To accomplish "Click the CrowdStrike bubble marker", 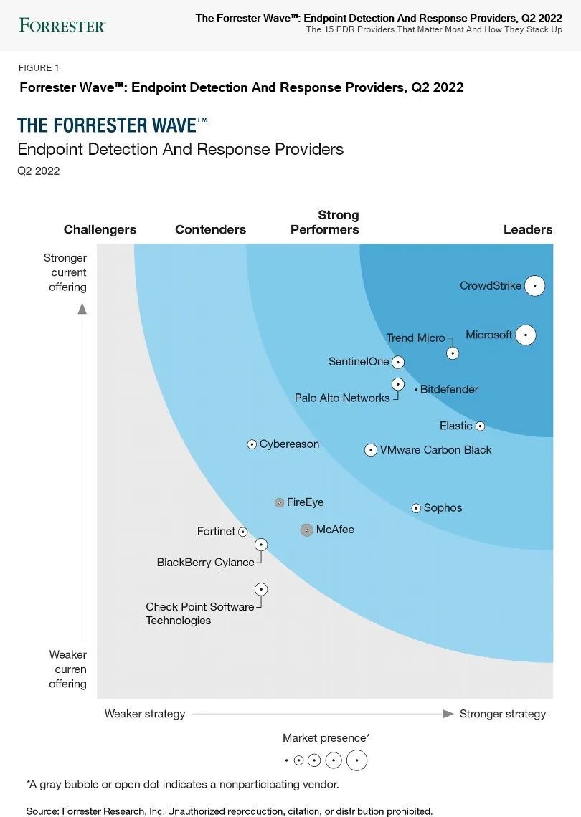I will [x=534, y=286].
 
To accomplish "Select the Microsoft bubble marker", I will [x=526, y=335].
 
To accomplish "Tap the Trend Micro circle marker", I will [x=453, y=353].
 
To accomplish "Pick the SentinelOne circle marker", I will [x=398, y=363].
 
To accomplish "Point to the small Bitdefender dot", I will [x=416, y=390].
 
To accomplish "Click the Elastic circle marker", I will [x=481, y=426].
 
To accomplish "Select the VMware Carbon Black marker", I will [x=371, y=450].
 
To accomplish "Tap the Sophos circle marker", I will [x=416, y=508].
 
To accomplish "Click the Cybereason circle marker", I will [x=252, y=444].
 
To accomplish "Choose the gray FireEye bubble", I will [x=280, y=503].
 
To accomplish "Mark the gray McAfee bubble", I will [x=306, y=530].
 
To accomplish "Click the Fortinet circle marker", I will [x=243, y=532].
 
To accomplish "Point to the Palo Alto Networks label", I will [x=342, y=398].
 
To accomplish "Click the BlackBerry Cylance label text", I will [x=205, y=563].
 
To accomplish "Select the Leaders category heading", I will [x=528, y=230].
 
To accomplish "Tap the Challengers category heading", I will [x=100, y=230].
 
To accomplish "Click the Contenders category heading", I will [x=210, y=230].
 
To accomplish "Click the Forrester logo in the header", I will [x=62, y=26].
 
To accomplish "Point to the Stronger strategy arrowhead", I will [x=448, y=714].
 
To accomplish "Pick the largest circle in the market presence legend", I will [x=356, y=760].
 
